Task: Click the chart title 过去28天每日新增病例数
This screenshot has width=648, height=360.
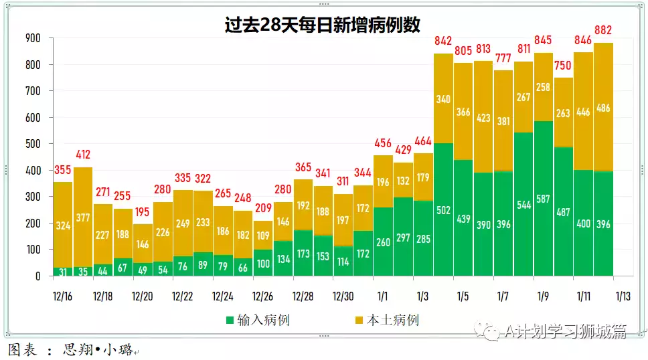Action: (x=323, y=25)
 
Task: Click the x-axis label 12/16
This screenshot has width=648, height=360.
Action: (x=63, y=296)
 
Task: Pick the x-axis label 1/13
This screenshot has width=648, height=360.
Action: (x=623, y=296)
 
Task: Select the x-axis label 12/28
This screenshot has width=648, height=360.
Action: (x=303, y=296)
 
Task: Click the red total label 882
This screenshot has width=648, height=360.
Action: (x=603, y=30)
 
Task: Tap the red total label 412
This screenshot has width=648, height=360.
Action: (x=83, y=155)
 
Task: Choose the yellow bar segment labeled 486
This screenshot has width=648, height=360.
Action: (x=603, y=107)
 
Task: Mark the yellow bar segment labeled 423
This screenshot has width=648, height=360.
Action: (x=483, y=117)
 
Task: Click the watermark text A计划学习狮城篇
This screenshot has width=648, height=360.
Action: (x=566, y=331)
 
